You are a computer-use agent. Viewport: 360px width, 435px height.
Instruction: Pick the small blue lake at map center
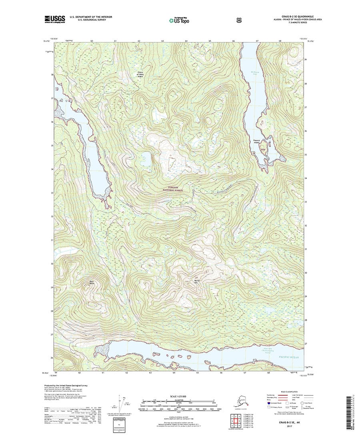pyautogui.click(x=146, y=159)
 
